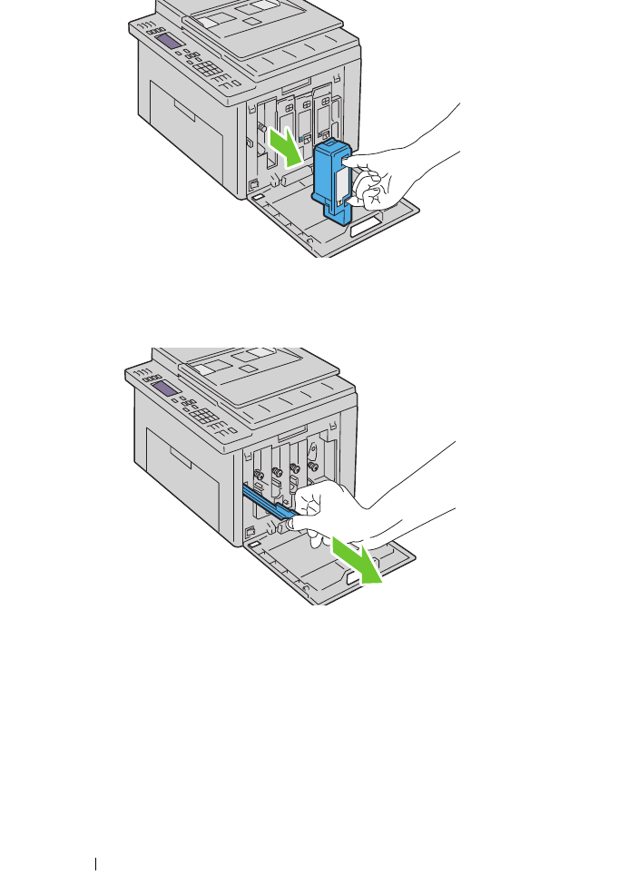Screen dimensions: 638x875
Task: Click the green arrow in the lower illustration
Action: [x=356, y=560]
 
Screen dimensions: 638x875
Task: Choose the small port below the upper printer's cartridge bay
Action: [x=253, y=185]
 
